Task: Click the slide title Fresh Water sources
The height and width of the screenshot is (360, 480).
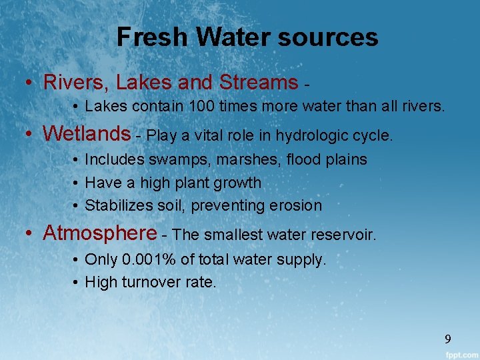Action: coord(247,37)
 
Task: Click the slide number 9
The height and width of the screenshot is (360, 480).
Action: coord(448,339)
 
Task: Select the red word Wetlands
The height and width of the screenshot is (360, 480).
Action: coord(87,135)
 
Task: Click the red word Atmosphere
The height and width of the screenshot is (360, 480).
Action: coord(100,233)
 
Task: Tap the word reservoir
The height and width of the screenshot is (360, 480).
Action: coord(344,235)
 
